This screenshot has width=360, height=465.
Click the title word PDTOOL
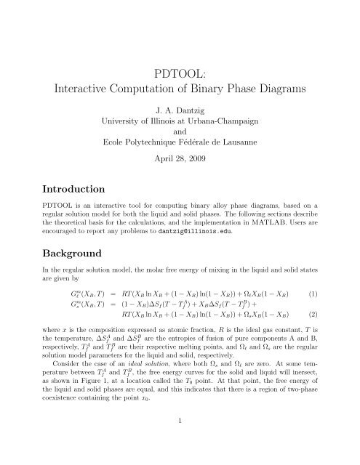coord(179,72)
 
